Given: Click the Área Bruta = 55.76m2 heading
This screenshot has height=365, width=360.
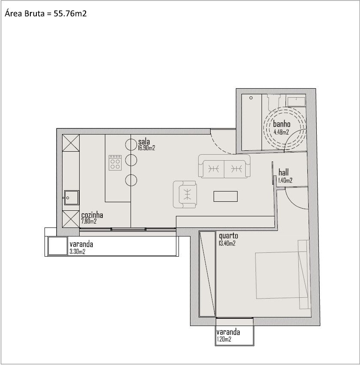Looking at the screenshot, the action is [45, 14].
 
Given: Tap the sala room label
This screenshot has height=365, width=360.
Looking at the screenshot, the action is [144, 141].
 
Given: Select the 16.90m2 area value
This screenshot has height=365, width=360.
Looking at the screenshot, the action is [146, 148].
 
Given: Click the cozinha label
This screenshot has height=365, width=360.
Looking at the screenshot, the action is [92, 215].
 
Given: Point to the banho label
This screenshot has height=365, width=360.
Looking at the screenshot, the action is [282, 124].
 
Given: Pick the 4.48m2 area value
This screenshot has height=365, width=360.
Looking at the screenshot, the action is [281, 132].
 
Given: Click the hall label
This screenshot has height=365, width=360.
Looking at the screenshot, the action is [283, 173].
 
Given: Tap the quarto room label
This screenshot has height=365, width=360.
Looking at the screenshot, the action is [229, 236].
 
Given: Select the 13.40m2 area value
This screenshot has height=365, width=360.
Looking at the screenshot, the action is [227, 243].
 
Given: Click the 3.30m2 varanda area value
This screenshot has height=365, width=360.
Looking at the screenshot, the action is [77, 251].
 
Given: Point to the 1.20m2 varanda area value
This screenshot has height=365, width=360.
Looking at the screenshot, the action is [224, 339].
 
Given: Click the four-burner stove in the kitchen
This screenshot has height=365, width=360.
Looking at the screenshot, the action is [115, 163].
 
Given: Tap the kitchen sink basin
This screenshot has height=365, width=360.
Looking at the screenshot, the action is [71, 198].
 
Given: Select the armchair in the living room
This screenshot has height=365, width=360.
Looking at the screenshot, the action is [185, 194].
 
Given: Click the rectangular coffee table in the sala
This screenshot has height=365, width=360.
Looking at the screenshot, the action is [226, 196].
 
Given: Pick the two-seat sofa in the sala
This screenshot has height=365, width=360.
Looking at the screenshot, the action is [224, 166].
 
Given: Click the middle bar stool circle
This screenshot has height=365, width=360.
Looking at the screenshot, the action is [131, 160].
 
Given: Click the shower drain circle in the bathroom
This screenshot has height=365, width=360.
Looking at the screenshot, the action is [251, 98].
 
